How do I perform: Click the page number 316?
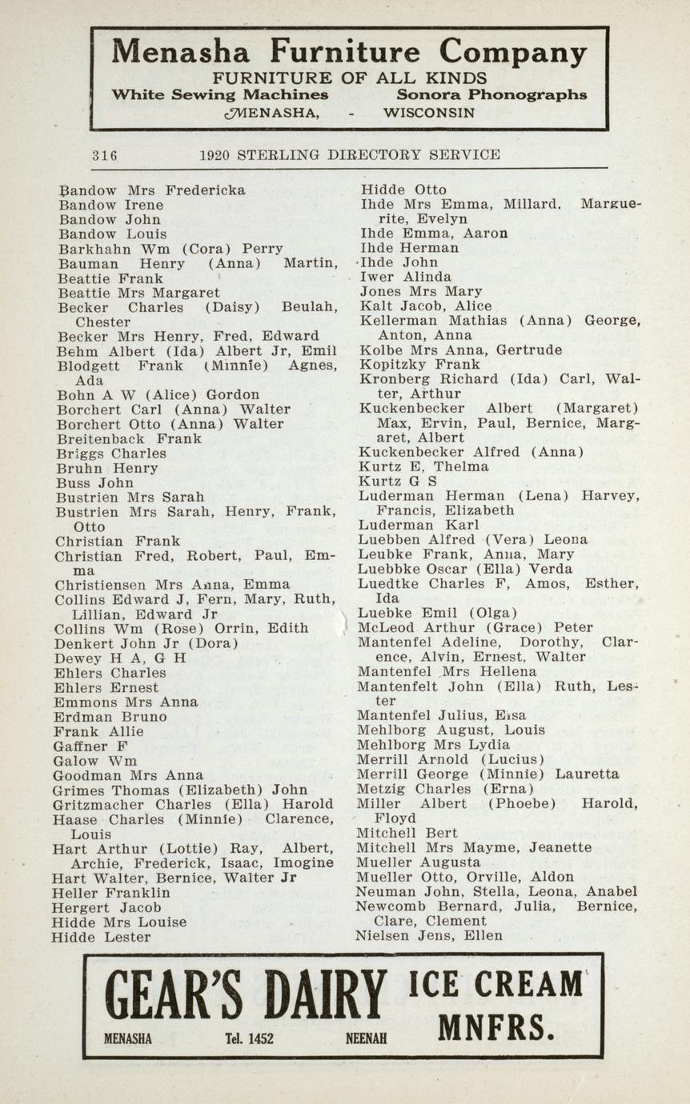(104, 155)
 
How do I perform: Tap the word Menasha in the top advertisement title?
(181, 53)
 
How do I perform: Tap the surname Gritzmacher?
(101, 804)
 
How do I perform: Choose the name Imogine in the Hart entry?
(303, 862)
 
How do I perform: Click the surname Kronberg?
(393, 379)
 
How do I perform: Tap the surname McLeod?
(387, 627)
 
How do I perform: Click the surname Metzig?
(382, 789)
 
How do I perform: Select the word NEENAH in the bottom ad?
(366, 1038)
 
